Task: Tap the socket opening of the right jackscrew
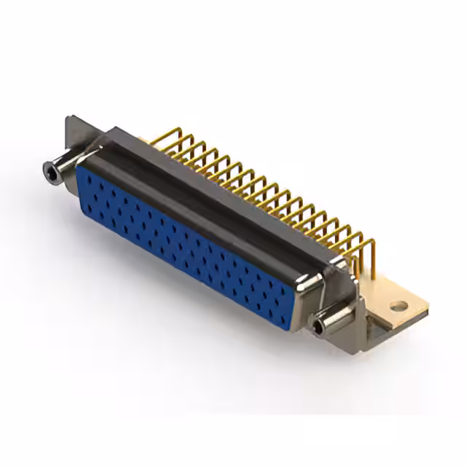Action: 319,327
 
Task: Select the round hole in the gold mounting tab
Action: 397,307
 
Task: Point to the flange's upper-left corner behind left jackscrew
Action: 68,119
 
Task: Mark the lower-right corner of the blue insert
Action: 291,330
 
